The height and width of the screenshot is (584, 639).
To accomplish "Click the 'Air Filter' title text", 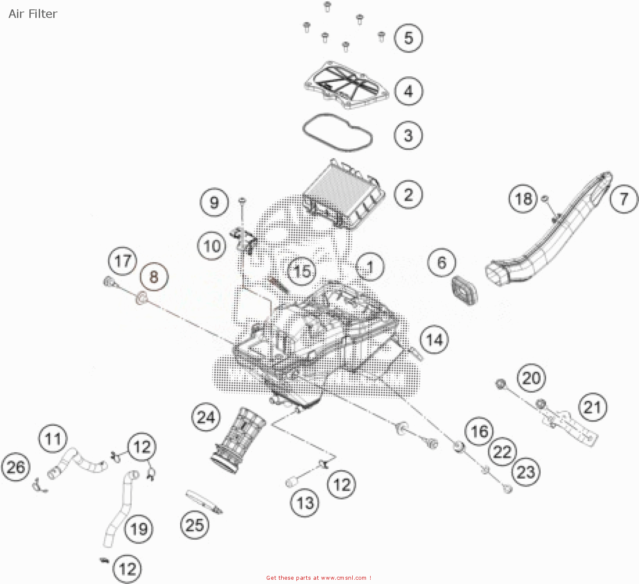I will point(33,14).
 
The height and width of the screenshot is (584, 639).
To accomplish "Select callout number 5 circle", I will point(408,38).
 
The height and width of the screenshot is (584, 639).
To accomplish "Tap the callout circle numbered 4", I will point(408,91).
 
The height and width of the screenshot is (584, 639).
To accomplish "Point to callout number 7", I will point(624,199).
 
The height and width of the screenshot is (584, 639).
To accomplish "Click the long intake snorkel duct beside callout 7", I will point(550,239).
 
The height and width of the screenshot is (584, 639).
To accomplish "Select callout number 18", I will point(524,199).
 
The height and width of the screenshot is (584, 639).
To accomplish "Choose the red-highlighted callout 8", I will point(154,277).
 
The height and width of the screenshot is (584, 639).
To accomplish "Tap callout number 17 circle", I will point(123,261).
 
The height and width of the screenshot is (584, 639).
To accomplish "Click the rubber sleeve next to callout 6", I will point(464,290).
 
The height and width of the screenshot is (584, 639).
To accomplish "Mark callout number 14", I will point(434,340).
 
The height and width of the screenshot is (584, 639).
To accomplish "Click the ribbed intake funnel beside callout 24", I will point(238,441).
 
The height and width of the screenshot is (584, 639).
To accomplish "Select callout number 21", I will point(593,408).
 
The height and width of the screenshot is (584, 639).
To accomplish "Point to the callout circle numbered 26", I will point(16,467).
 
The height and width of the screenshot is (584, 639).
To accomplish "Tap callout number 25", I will point(195,525).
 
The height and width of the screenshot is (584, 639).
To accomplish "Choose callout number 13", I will point(305,503).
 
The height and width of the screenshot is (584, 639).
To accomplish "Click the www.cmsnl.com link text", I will point(343,578).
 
